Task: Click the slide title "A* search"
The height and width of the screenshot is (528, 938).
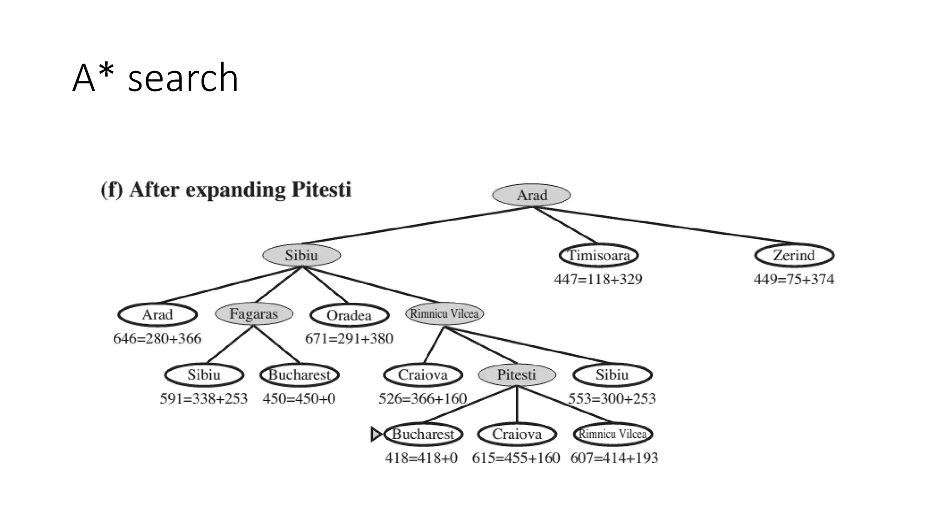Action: pos(155,78)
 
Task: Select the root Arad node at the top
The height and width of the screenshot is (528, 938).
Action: pos(531,195)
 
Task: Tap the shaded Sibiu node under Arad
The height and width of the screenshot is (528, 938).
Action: pos(301,255)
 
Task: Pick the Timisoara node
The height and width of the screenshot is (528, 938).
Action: pos(599,255)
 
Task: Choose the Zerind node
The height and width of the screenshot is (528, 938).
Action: pos(794,255)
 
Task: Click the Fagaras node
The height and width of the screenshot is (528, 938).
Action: pos(254,314)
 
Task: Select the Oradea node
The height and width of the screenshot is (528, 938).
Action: pos(349,315)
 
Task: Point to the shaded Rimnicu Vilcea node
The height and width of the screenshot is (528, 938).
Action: pos(444,314)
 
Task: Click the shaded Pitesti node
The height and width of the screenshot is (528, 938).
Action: pos(517,375)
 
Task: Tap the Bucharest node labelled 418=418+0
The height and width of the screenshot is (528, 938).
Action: pos(423,434)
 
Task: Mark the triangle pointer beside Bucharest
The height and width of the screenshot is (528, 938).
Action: pos(376,434)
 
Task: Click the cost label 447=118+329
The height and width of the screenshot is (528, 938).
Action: pos(598,279)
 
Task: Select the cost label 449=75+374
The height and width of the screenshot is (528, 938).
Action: pos(794,279)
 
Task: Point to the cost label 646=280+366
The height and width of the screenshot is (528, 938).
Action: pos(157,339)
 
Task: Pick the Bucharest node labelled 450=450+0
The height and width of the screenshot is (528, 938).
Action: pos(299,375)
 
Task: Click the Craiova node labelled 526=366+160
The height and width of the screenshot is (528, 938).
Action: pos(423,375)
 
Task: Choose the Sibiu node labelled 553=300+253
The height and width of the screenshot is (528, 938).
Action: pos(612,375)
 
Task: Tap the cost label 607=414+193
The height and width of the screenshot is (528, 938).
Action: pos(614,458)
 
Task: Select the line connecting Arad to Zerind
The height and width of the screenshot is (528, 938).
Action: pos(669,225)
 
